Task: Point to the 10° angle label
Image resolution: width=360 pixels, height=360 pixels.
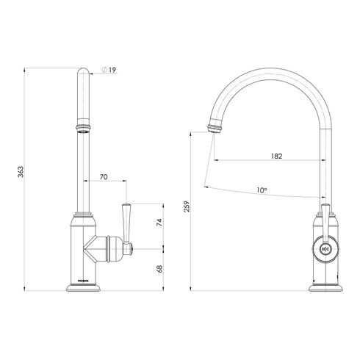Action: pos(262,190)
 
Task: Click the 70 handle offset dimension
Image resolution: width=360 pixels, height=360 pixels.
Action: pos(103,176)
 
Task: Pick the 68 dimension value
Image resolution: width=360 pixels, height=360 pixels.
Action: pos(159,268)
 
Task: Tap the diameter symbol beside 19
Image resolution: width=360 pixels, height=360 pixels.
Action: pos(104,70)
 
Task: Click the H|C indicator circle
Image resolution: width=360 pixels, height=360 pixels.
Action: pos(324,250)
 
